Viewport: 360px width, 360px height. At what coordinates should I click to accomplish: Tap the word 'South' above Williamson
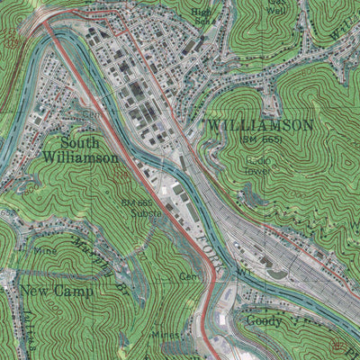pyautogui.click(x=81, y=142)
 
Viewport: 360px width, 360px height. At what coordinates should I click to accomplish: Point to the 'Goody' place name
pyautogui.click(x=263, y=320)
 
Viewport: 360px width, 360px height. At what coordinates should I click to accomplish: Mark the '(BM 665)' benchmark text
pyautogui.click(x=261, y=140)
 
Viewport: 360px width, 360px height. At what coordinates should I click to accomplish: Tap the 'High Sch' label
pyautogui.click(x=203, y=16)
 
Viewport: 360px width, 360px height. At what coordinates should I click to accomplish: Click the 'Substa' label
pyautogui.click(x=147, y=214)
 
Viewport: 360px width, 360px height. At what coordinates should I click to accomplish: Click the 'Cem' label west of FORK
pyautogui.click(x=188, y=276)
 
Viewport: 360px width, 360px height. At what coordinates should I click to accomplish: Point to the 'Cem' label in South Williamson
pyautogui.click(x=90, y=115)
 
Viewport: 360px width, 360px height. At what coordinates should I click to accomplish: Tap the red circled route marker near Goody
pyautogui.click(x=337, y=345)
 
